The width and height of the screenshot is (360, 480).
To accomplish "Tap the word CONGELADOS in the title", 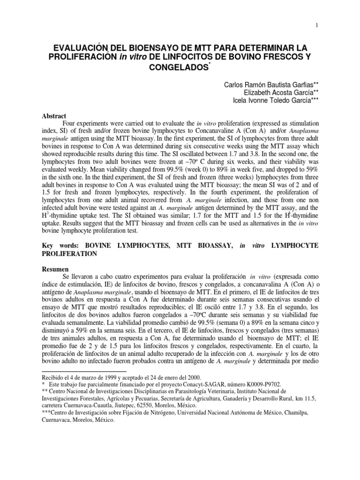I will (179, 68).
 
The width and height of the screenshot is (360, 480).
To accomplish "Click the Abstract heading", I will (55, 116).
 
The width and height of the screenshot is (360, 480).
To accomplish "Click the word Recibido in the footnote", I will (53, 376).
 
